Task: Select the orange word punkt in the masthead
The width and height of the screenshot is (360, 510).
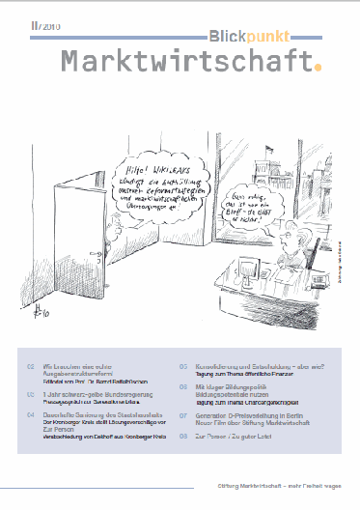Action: click(277, 35)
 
